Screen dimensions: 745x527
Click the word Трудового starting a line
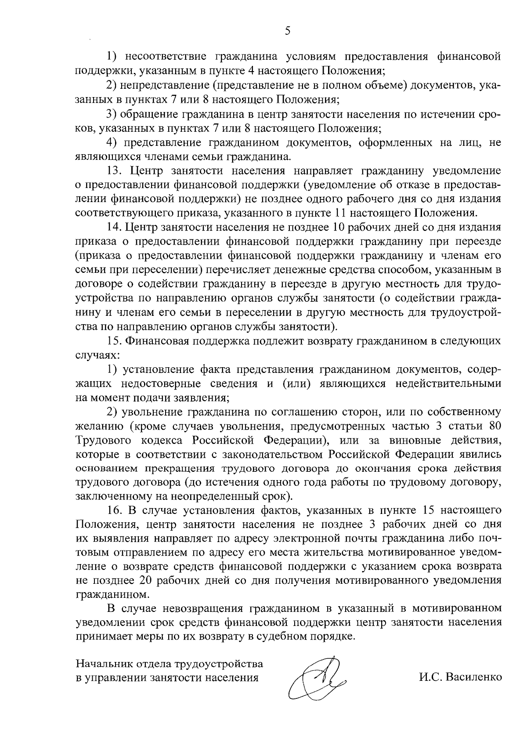[101, 440]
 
